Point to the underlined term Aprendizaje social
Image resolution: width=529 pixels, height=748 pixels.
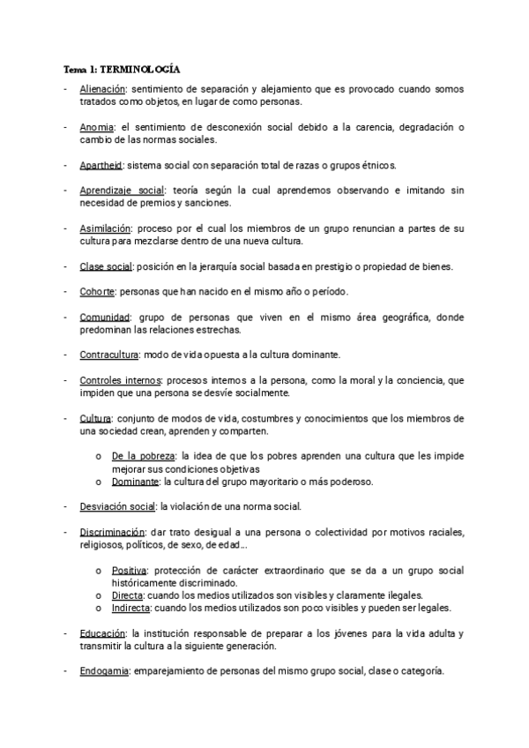pos(122,191)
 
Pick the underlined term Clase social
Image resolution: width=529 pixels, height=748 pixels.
pos(104,266)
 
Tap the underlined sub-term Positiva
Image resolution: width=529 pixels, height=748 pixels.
pos(130,571)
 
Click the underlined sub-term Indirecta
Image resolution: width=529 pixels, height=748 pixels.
pos(131,609)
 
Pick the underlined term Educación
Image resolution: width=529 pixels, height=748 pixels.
pos(102,634)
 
